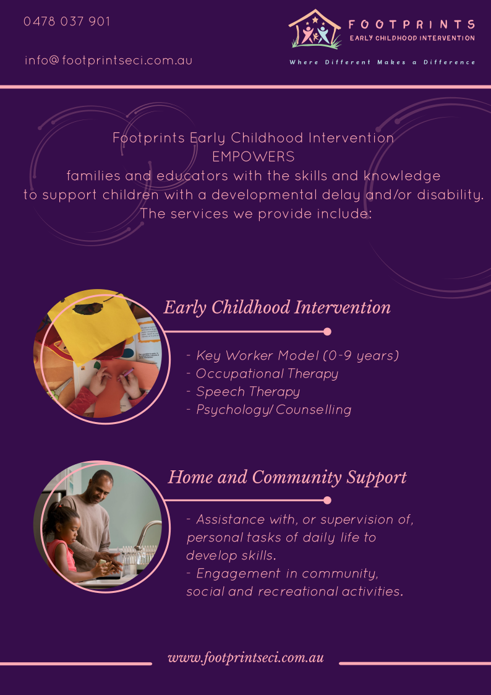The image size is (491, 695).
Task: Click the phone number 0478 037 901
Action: (66, 22)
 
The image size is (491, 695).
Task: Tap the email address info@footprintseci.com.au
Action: (108, 60)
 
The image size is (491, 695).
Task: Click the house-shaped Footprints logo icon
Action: (315, 29)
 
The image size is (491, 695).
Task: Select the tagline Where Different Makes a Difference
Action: (383, 63)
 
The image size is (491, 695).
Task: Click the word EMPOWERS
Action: (254, 157)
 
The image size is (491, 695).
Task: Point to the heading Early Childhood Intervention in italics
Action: (277, 308)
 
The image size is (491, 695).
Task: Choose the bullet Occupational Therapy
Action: (267, 374)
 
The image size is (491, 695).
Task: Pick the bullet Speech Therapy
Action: (248, 392)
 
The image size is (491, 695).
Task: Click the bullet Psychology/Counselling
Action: (273, 410)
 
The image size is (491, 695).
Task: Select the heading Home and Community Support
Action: (288, 477)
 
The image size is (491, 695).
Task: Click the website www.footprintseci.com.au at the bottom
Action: (246, 658)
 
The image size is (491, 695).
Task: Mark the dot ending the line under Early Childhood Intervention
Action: (327, 332)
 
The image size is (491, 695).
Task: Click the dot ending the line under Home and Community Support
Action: (327, 501)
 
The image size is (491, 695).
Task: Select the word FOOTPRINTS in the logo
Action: (412, 24)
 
